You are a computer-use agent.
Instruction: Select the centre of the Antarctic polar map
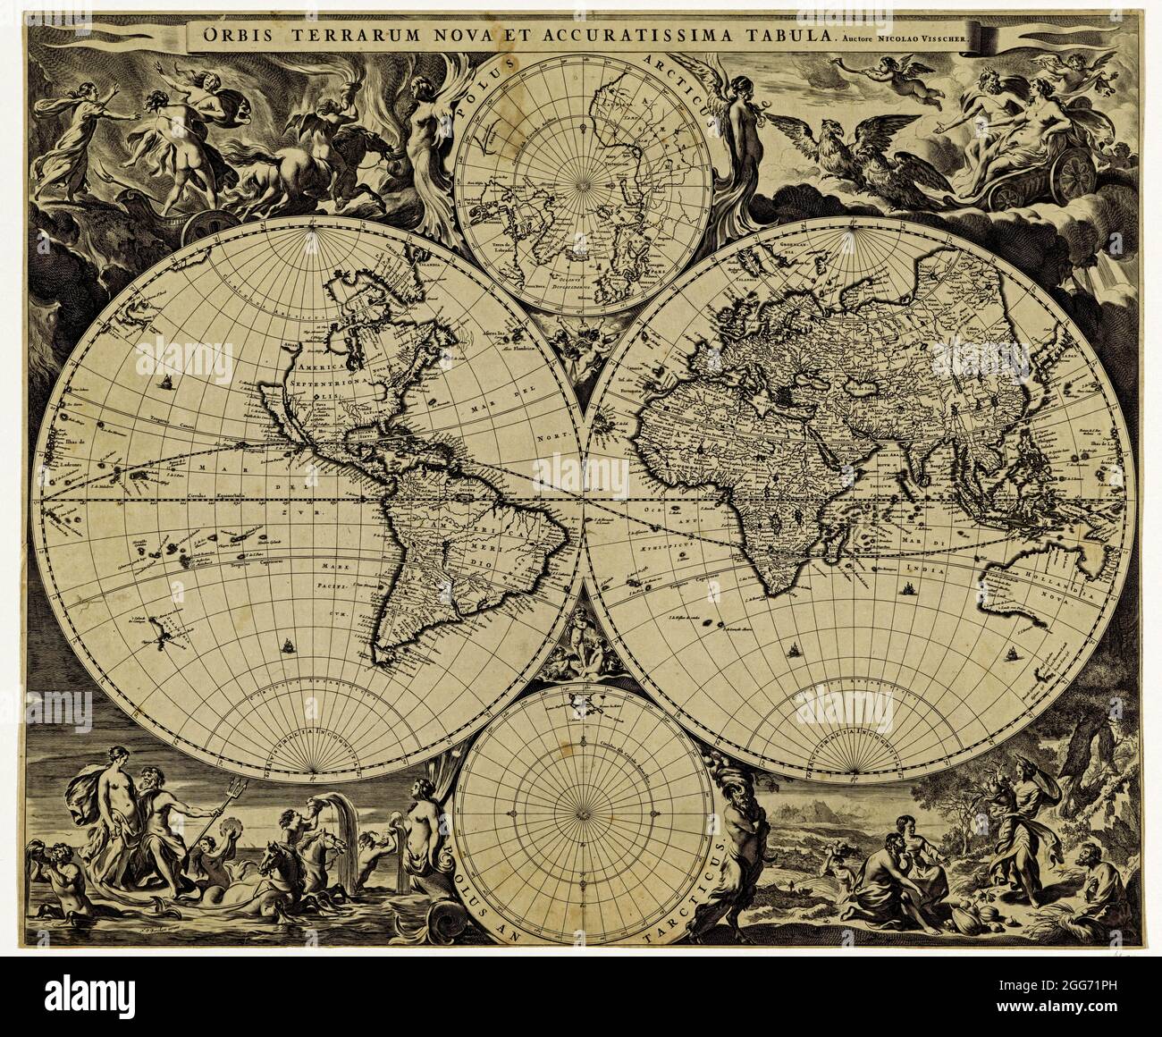click(x=582, y=813)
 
